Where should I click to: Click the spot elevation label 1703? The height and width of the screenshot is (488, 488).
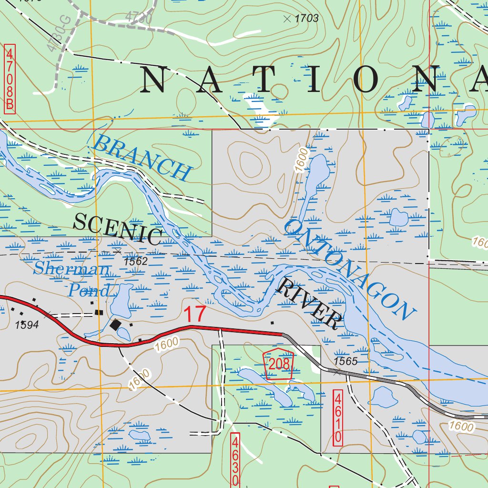tap(306, 19)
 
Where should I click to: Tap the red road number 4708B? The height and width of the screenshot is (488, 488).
tap(10, 79)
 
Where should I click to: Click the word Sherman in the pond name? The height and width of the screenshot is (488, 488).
tap(71, 269)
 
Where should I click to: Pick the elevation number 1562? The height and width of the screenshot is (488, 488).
tap(136, 262)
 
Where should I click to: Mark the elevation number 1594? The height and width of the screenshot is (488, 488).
tap(27, 325)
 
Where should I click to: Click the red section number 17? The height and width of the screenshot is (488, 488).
tap(195, 315)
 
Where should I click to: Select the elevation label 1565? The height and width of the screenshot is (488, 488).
tap(346, 361)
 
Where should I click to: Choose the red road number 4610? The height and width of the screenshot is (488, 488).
tap(338, 417)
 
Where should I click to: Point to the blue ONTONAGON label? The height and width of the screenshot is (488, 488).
tap(348, 269)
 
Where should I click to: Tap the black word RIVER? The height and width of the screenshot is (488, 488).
tap(309, 304)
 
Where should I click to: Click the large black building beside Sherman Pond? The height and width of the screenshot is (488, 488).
tap(116, 325)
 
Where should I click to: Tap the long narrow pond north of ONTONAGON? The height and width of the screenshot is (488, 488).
tap(313, 181)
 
